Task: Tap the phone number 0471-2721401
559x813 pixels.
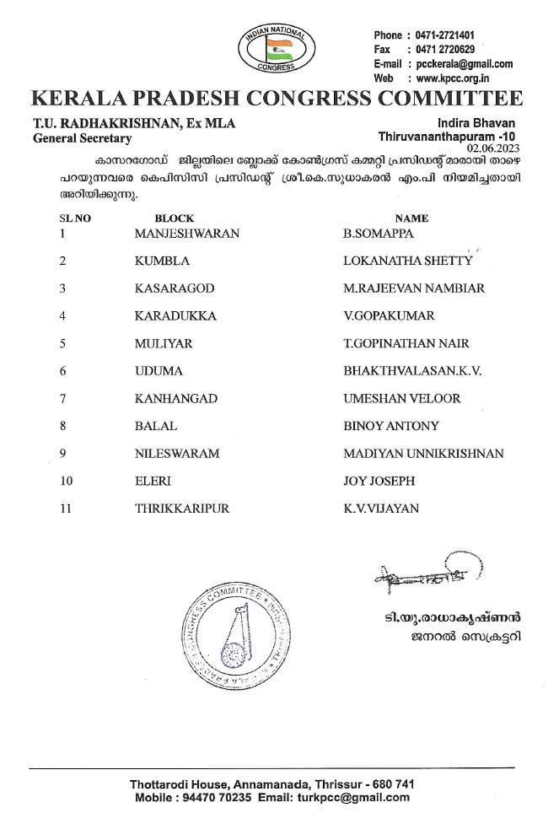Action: [x=444, y=35]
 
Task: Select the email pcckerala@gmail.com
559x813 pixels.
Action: [x=465, y=64]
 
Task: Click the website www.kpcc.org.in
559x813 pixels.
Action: [x=459, y=78]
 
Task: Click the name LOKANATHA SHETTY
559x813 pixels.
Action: [x=407, y=261]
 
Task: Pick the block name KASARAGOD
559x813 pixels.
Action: [x=174, y=288]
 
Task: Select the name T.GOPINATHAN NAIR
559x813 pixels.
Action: [x=406, y=343]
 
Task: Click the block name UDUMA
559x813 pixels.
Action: [x=158, y=371]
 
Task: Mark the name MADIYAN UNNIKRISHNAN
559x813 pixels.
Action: [x=423, y=454]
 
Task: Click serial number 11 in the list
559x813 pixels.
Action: [x=67, y=509]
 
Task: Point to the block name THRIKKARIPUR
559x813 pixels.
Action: [x=181, y=509]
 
